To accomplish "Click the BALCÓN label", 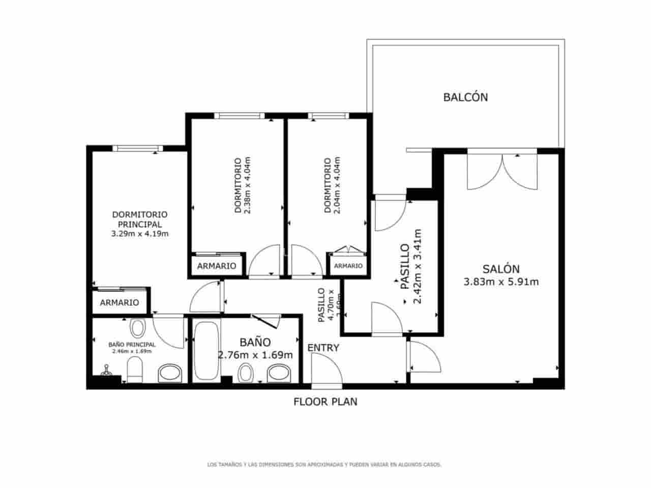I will click(x=465, y=97).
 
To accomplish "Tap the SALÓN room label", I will click(x=501, y=269).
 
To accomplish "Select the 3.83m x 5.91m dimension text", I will click(x=501, y=282).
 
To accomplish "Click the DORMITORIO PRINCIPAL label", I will click(x=139, y=219).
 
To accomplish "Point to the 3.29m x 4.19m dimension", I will click(x=139, y=234).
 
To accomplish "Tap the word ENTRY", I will click(x=323, y=348).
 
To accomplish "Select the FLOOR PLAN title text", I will click(x=325, y=402).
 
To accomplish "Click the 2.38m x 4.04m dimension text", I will click(x=248, y=186).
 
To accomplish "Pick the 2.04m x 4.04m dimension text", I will click(x=337, y=186).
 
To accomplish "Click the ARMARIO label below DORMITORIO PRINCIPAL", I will click(x=120, y=302).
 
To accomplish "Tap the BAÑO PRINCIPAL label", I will click(x=132, y=344).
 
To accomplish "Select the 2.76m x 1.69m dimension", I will click(x=255, y=355).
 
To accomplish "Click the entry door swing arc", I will click(x=325, y=367).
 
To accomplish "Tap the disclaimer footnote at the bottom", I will click(x=324, y=465).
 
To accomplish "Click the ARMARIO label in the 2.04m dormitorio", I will click(x=348, y=266).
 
